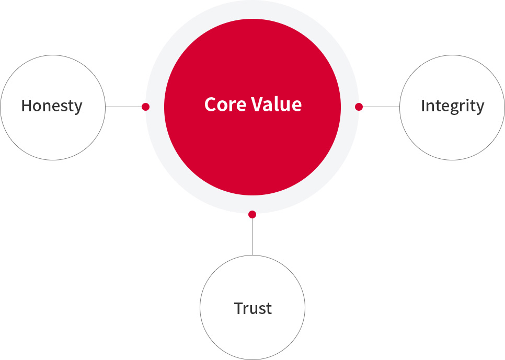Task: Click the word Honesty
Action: tap(52, 106)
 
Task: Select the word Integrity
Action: tap(453, 106)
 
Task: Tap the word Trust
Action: tap(253, 308)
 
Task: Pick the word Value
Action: tap(277, 104)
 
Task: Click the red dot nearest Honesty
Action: tap(145, 107)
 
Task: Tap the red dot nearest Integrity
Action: tap(359, 107)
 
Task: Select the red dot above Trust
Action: tap(252, 214)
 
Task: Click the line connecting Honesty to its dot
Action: tap(124, 107)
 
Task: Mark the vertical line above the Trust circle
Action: tap(252, 236)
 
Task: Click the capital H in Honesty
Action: tap(27, 106)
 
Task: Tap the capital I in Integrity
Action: tap(423, 106)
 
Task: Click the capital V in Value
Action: tap(257, 104)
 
